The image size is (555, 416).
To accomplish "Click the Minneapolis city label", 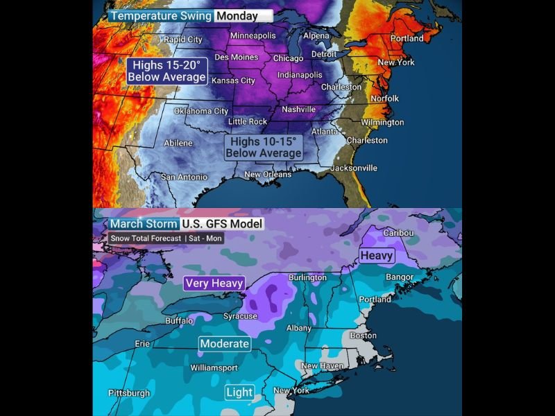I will pos(253,35).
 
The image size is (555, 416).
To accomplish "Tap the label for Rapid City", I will pos(183,40).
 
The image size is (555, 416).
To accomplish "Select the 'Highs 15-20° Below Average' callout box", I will pos(166,71).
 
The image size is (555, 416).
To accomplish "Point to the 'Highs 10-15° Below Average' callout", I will pos(264,147).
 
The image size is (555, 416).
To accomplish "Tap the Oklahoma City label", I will pos(200,111).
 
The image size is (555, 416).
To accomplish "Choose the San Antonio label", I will pos(184,177).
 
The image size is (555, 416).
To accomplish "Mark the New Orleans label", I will pos(268,174).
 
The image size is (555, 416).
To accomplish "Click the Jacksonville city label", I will pos(354,168).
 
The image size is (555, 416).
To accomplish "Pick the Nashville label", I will pos(298,110).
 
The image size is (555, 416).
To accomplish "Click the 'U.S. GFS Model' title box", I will pos(222,224).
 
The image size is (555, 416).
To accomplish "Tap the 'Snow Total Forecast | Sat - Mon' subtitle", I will pos(166,239).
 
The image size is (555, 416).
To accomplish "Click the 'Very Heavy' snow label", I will pos(214,283).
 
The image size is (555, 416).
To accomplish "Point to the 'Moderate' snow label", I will pos(224,343).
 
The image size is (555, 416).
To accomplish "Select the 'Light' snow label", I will pos(239,392).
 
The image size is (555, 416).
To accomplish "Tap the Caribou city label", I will pos(398,233).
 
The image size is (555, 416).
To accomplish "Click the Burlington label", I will pos(307,277).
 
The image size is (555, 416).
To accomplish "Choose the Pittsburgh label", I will pos(129,393).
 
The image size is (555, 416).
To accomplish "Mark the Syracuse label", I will pos(240,316).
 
